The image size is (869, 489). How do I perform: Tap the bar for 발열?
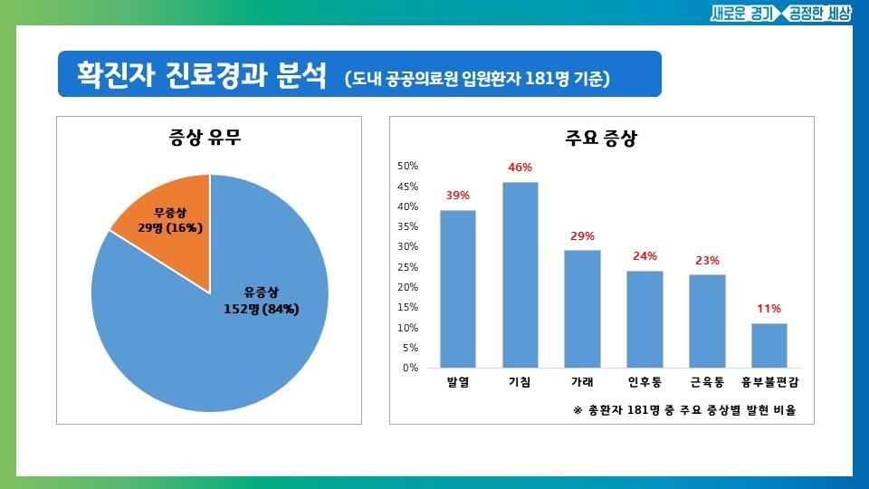click(x=458, y=289)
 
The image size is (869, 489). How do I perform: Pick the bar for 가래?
click(x=582, y=309)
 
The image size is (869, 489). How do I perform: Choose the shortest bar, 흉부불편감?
click(x=769, y=345)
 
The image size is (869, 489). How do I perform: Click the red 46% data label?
click(x=520, y=168)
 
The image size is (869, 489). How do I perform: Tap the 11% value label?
click(x=769, y=309)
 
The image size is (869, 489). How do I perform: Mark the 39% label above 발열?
click(x=458, y=196)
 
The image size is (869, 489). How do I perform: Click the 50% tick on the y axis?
click(x=407, y=166)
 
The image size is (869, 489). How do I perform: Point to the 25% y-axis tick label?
click(x=407, y=267)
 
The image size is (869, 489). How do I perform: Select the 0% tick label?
click(x=410, y=369)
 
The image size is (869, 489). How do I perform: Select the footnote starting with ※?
click(x=684, y=410)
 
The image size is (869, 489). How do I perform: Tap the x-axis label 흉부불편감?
click(x=769, y=383)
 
